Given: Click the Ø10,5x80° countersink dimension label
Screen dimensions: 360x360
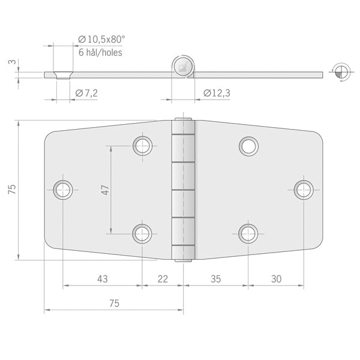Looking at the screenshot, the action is point(101,40).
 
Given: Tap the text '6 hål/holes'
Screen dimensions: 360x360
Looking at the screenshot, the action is point(100,53).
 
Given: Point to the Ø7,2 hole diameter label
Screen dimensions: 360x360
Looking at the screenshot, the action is point(86,93).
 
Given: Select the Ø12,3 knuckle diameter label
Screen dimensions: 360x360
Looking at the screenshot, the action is point(217,93).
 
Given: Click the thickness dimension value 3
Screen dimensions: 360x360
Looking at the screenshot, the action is point(13,62).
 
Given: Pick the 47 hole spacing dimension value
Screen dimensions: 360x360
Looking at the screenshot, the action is point(106,190).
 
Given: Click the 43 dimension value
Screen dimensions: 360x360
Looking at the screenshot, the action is point(103,279).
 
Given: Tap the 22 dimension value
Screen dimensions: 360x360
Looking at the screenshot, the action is point(163,279).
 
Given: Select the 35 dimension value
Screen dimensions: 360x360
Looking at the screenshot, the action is point(216,279).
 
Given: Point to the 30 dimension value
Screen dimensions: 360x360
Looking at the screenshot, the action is point(276,279).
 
